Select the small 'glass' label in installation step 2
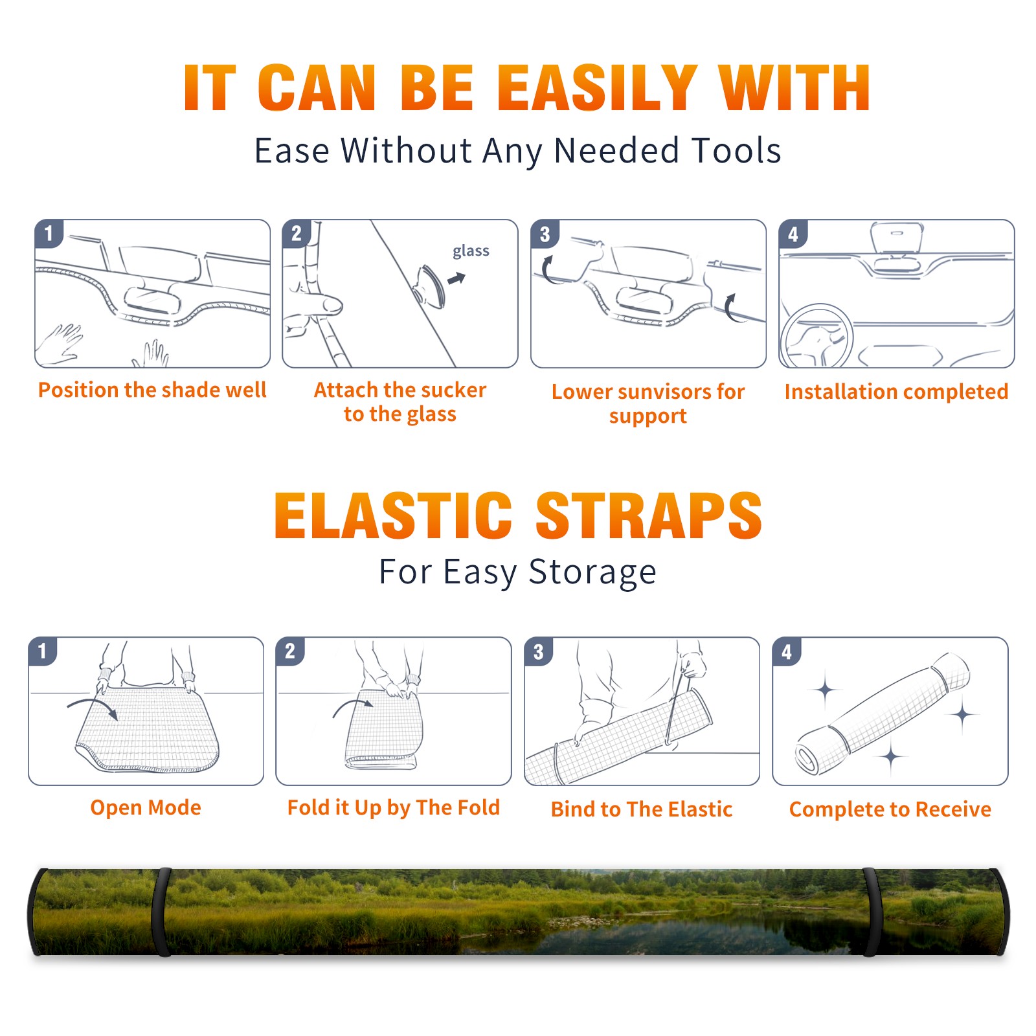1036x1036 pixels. coord(471,251)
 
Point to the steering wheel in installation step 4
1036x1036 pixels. coord(816,336)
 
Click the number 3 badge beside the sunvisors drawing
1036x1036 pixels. coord(545,234)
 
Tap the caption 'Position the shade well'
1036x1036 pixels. coord(152,390)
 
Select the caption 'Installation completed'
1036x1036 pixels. coord(896,391)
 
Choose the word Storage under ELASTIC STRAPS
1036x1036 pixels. coord(592,572)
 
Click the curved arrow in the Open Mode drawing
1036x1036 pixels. coord(93,707)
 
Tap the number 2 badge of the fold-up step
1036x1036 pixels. coord(290,651)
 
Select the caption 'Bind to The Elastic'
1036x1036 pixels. coord(641,809)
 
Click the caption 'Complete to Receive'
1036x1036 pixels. coord(890,809)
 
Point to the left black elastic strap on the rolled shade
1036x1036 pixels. coord(161,912)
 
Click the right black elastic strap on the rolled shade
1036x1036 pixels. coord(872,912)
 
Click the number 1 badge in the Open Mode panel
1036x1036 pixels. coord(43,651)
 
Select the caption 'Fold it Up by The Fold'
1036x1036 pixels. coord(393,807)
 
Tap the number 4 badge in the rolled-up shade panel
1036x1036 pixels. coord(787,651)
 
